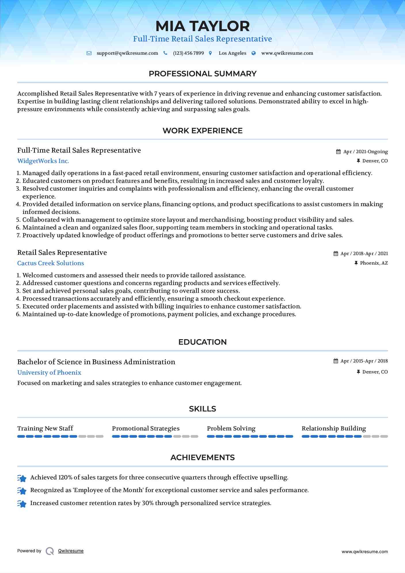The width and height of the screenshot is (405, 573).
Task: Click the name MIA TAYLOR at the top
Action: click(202, 26)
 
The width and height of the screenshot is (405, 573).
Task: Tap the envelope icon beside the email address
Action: click(89, 53)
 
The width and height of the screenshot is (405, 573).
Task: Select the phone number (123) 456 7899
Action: click(188, 53)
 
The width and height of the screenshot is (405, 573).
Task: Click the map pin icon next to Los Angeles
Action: click(210, 53)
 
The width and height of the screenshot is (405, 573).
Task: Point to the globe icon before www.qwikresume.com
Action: click(254, 53)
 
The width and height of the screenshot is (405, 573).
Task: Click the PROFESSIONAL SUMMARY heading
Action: click(202, 74)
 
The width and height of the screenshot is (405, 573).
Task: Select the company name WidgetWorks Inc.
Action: click(43, 161)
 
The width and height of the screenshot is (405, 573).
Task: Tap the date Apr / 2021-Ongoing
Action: click(365, 152)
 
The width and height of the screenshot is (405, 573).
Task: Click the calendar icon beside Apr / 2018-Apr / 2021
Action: click(336, 254)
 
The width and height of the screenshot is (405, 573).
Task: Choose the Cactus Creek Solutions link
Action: click(51, 263)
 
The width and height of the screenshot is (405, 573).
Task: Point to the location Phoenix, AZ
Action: click(374, 263)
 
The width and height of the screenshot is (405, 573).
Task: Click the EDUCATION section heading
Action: click(202, 342)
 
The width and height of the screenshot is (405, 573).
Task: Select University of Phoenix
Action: click(49, 373)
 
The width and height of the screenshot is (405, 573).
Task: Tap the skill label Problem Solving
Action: click(231, 428)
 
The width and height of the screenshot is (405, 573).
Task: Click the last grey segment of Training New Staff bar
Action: click(100, 437)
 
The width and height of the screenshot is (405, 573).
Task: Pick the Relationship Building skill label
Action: click(334, 428)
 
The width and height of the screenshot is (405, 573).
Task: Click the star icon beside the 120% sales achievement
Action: click(22, 478)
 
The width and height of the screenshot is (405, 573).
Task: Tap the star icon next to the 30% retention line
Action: click(22, 504)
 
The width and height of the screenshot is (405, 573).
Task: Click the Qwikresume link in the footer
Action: click(71, 551)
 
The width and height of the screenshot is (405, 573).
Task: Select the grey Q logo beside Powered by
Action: click(50, 551)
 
